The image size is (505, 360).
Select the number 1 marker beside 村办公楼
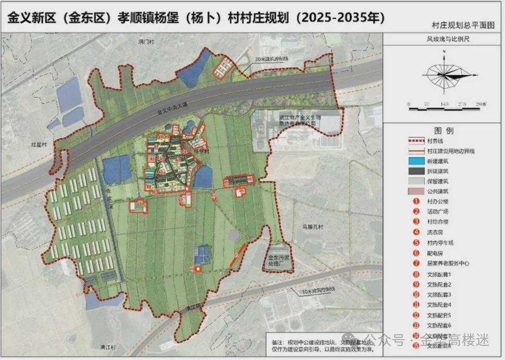click(416, 201)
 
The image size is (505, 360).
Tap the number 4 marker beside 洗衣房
click(416, 232)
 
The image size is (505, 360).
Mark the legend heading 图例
click(444, 130)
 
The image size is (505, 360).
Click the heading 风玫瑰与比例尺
click(444, 39)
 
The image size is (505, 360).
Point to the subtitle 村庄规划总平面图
click(463, 25)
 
